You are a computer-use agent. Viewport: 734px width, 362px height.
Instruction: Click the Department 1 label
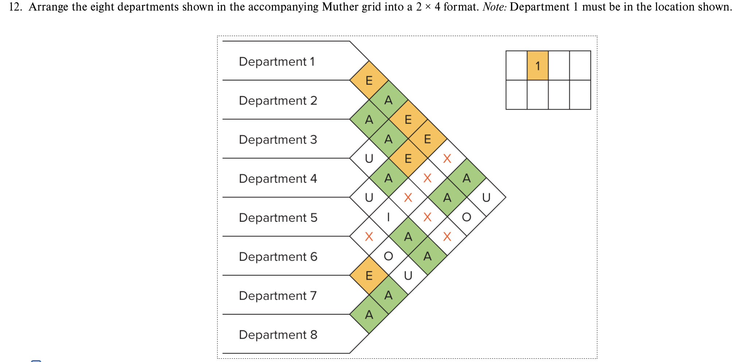tap(277, 62)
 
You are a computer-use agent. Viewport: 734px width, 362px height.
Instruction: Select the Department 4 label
tap(278, 178)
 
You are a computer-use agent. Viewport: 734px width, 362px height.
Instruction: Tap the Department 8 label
tap(278, 334)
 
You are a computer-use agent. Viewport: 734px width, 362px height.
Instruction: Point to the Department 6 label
tap(278, 256)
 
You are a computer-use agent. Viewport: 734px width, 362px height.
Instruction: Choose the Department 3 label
tap(278, 139)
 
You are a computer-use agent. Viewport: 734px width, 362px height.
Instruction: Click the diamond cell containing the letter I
tap(389, 217)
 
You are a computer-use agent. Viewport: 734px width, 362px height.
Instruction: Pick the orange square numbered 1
tap(538, 66)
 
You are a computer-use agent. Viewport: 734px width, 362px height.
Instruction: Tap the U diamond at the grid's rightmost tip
tap(486, 197)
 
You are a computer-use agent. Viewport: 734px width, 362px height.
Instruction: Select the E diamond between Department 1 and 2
tap(369, 80)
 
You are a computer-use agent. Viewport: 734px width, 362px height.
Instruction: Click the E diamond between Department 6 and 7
tap(369, 276)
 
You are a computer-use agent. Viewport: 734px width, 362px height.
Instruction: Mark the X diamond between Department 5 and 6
tap(369, 237)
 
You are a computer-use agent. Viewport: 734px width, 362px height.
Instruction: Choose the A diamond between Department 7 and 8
tap(369, 315)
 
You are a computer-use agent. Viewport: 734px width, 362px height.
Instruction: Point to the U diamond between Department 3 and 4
tap(369, 158)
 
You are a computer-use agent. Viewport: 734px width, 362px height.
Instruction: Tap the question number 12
tap(15, 7)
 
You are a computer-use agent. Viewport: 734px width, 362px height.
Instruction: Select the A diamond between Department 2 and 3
tap(369, 119)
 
